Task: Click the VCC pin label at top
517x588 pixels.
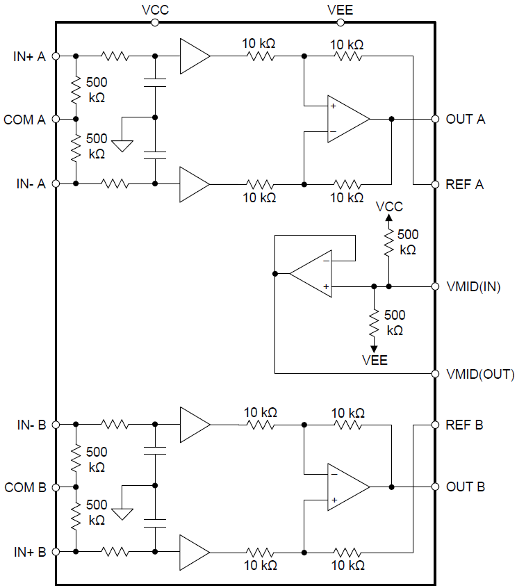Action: click(x=154, y=9)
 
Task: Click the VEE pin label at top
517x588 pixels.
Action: click(x=340, y=9)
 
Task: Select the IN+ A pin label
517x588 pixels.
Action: click(x=29, y=56)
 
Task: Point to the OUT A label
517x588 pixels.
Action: click(x=466, y=119)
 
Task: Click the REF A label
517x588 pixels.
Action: click(x=465, y=184)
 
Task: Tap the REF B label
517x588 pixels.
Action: click(x=465, y=424)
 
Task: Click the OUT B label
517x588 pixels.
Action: click(x=465, y=487)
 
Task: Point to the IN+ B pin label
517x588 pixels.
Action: click(x=29, y=552)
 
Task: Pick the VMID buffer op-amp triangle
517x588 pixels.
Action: click(x=310, y=273)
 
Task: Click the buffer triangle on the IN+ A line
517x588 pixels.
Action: click(x=193, y=56)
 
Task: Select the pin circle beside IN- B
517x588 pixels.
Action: click(x=56, y=424)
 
